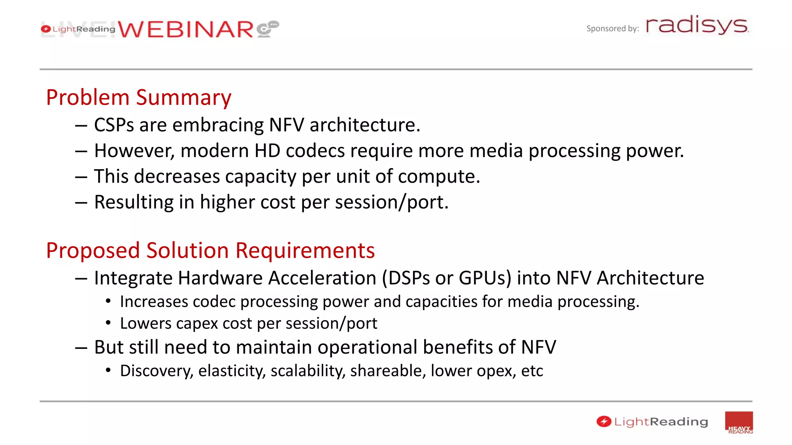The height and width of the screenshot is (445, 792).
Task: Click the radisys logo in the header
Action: click(697, 25)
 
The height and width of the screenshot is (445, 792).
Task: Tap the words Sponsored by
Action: click(612, 29)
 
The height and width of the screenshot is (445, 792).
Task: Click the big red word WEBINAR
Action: click(186, 29)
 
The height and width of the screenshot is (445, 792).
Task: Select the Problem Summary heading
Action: click(138, 97)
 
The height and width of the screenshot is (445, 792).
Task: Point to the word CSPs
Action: click(114, 125)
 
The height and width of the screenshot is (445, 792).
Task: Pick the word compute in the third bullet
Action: click(439, 177)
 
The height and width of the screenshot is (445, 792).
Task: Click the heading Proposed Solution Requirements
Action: click(210, 250)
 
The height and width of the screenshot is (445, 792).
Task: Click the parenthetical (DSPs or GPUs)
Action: click(447, 278)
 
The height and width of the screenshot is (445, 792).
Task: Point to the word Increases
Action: click(154, 302)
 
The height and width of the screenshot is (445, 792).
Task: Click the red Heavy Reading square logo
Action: click(739, 423)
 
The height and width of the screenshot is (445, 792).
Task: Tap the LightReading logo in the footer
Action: click(652, 422)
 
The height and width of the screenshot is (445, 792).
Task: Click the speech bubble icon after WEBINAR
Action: click(268, 29)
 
